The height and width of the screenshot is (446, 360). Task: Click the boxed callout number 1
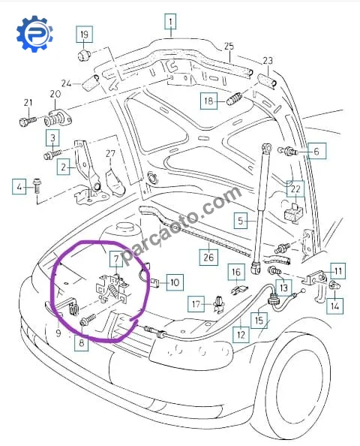tap(170, 21)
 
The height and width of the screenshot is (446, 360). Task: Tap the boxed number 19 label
tap(84, 34)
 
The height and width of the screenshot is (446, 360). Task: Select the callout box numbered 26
tap(208, 257)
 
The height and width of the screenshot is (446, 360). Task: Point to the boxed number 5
tap(241, 221)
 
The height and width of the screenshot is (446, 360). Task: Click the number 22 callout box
tap(295, 188)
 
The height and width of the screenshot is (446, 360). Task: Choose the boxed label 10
tap(175, 282)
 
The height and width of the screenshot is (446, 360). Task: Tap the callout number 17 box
tap(196, 304)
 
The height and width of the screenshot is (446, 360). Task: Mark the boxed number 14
tap(334, 306)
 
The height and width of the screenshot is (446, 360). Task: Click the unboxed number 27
tap(110, 153)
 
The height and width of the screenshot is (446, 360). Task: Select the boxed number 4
tap(19, 187)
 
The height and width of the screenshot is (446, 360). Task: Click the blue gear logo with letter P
tap(34, 34)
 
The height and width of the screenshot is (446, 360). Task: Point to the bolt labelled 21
tap(28, 121)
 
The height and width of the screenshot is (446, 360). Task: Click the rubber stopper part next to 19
tap(84, 55)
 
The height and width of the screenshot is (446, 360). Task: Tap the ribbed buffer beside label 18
tap(235, 98)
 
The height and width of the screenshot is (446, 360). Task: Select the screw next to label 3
tap(52, 155)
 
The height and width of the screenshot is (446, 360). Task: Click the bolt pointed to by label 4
tap(37, 185)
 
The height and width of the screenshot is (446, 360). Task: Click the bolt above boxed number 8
tap(88, 319)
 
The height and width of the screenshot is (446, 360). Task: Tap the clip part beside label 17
tap(219, 304)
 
